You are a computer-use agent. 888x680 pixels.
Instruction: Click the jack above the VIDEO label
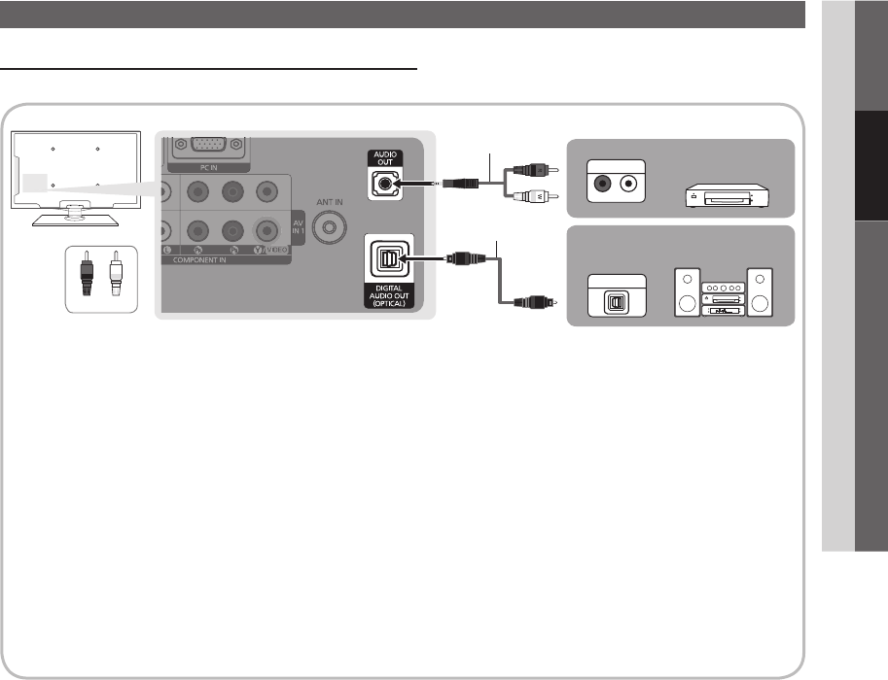coord(265,230)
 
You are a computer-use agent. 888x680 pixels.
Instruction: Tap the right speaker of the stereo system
coord(761,290)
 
